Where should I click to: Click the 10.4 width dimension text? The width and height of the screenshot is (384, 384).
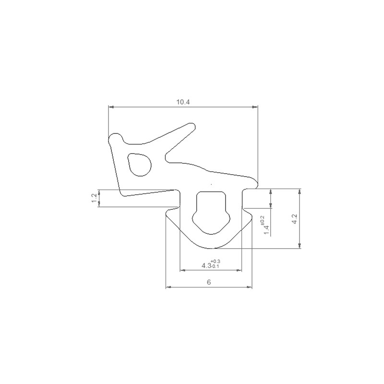coord(183,102)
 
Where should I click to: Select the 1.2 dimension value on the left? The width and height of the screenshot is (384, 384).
coord(94,198)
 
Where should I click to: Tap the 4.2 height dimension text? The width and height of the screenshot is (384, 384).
coord(295,219)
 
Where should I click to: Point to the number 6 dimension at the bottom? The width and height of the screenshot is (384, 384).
coord(209,282)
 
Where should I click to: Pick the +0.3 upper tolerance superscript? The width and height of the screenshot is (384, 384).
coord(216,261)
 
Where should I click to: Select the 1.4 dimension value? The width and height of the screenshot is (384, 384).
coord(267,230)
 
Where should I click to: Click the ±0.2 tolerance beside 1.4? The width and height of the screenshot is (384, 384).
coord(263,220)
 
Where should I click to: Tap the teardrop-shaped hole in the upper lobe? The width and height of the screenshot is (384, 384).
coord(139,164)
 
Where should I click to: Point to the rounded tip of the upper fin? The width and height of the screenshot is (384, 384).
coord(192,127)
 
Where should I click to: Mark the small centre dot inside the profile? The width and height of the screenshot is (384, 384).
coord(212,184)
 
